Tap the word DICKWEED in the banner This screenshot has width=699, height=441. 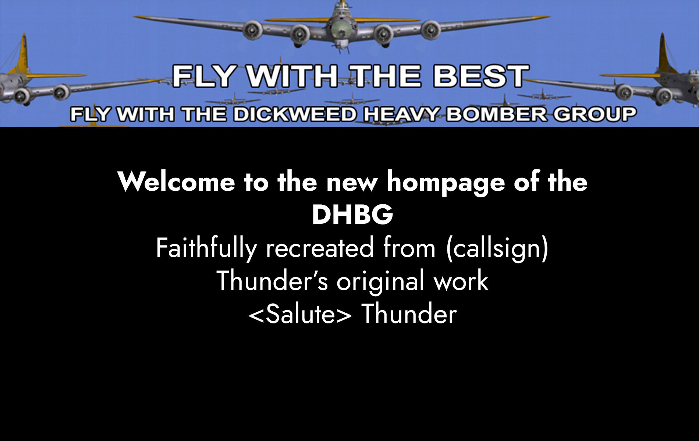click(293, 114)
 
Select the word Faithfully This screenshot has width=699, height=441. click(206, 249)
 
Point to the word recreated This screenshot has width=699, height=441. click(319, 249)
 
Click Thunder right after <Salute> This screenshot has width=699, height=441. click(409, 315)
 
